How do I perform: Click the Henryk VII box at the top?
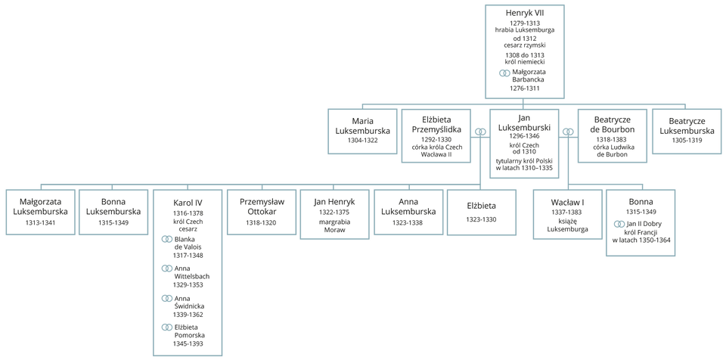[x=524, y=49]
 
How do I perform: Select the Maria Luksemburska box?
[x=362, y=131]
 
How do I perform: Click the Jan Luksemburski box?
[x=524, y=143]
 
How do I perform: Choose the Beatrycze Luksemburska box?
[x=687, y=131]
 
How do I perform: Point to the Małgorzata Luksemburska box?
[x=42, y=212]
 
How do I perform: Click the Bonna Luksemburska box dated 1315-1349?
[x=115, y=212]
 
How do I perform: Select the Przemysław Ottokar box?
[x=262, y=212]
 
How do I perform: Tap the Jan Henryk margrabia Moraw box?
[x=335, y=215]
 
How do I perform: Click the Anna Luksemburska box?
[x=408, y=212]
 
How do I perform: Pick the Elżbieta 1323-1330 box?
[x=481, y=212]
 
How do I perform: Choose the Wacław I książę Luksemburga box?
[x=567, y=215]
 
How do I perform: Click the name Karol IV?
[x=188, y=202]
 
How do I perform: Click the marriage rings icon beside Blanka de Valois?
[x=167, y=239]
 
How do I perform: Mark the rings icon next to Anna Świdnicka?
[x=167, y=298]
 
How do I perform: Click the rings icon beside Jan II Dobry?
[x=619, y=224]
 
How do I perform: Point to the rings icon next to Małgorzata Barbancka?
[x=504, y=73]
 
